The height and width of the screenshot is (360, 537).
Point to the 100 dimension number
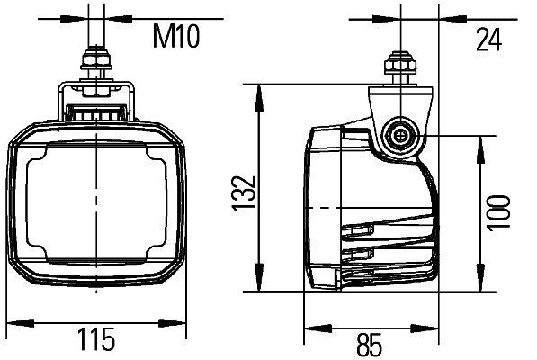496,212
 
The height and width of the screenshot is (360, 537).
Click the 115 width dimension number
95,341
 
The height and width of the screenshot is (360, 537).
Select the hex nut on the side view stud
396,67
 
